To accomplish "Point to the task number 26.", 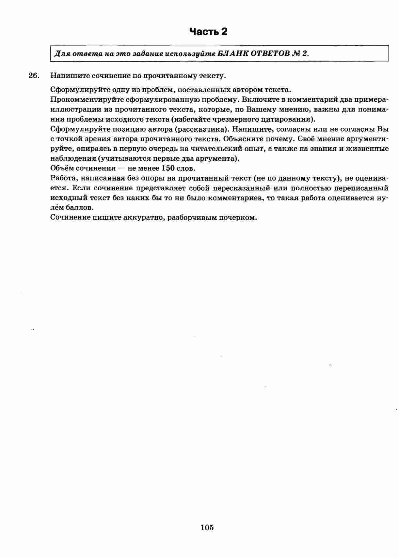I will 34,76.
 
